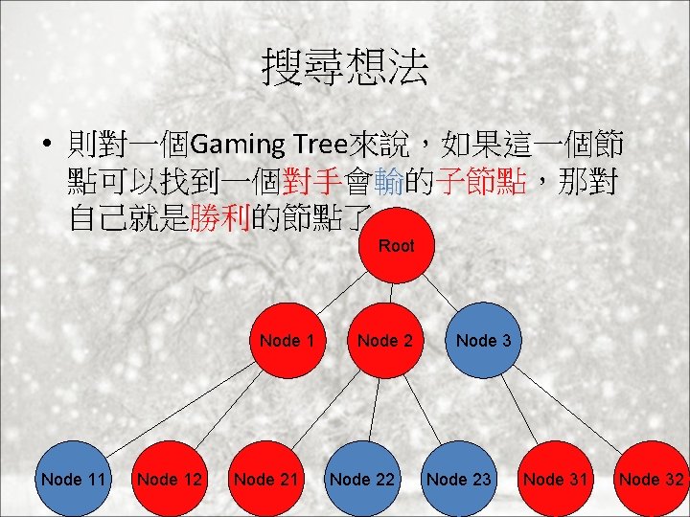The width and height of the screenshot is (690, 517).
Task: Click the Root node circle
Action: click(x=396, y=246)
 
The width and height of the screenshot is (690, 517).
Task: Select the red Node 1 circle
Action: click(x=287, y=340)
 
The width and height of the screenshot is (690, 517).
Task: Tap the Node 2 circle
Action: click(x=384, y=340)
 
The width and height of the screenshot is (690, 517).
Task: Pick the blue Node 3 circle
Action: click(x=483, y=340)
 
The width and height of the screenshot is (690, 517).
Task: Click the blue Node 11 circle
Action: click(x=73, y=479)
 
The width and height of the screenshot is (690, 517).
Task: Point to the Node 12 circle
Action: click(x=170, y=479)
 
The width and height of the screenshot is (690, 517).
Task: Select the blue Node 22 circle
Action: click(x=362, y=479)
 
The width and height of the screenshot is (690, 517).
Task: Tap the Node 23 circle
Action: click(x=459, y=479)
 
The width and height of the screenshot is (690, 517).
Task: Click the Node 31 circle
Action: click(x=556, y=479)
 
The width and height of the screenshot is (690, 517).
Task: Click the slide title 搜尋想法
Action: click(x=345, y=68)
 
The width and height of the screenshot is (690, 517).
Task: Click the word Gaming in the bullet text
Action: click(x=237, y=146)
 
